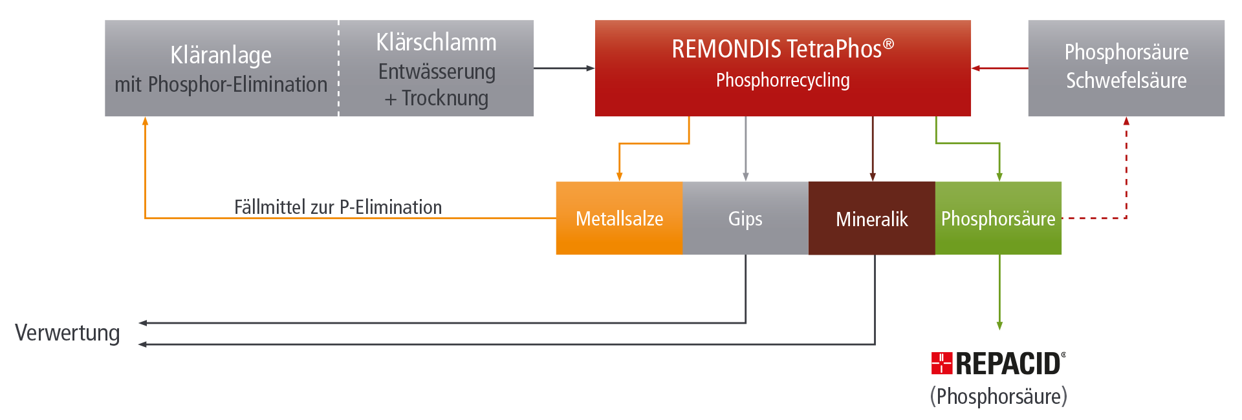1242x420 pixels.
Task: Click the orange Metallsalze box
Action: coord(619,218)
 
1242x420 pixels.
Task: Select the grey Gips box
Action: coord(745,218)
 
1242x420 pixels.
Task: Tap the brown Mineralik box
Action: coord(871,219)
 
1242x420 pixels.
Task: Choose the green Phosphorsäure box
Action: coord(998,218)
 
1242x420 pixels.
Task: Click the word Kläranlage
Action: coord(221,56)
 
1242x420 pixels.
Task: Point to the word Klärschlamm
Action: coord(437,43)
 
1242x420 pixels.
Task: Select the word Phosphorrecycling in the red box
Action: coord(783,80)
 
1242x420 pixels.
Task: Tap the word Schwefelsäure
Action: coord(1126,81)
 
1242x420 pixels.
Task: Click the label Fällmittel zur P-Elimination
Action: coord(338,207)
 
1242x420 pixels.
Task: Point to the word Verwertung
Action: coord(68,333)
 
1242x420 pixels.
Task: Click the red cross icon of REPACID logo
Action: coord(941,364)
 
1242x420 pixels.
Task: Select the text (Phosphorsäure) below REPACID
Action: coord(998,395)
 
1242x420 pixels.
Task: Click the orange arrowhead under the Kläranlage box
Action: coord(145,121)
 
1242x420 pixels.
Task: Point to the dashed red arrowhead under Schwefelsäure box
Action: coord(1126,121)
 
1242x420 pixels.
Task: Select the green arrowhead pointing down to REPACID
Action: coord(999,326)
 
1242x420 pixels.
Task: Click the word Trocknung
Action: coord(445,98)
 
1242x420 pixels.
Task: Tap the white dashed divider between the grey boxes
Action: coord(338,68)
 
